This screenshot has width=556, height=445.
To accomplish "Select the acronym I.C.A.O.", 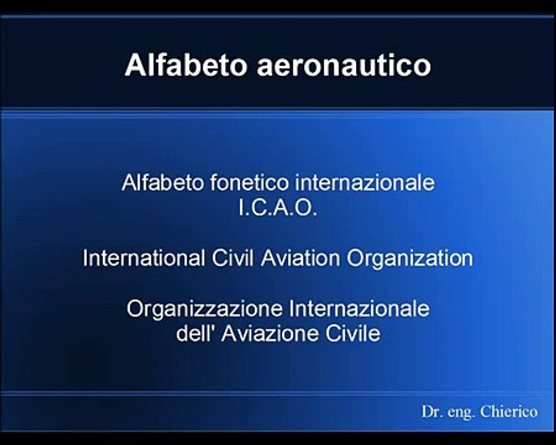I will pos(277,209).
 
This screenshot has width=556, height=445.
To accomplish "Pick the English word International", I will pos(143,258).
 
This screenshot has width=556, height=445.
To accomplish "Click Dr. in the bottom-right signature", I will pos(431,412).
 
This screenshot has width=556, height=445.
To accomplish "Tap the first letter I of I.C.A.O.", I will pos(242,209).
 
